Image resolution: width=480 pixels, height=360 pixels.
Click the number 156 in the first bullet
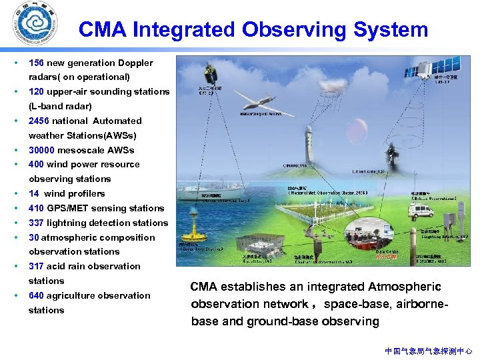tap(37, 63)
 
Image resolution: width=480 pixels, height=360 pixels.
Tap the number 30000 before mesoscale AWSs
tap(42, 150)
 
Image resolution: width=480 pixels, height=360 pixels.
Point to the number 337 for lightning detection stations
tap(37, 223)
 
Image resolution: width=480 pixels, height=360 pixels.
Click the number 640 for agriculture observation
tap(37, 295)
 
